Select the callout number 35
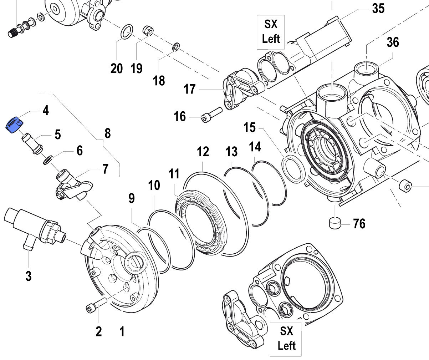click(378, 8)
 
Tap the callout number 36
click(393, 42)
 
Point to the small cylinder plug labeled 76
click(334, 223)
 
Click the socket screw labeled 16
click(211, 115)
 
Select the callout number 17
click(190, 88)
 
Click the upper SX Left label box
click(271, 32)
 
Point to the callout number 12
click(203, 152)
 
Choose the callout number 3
click(28, 276)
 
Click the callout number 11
click(174, 174)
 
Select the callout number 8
click(107, 133)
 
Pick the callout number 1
click(122, 331)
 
